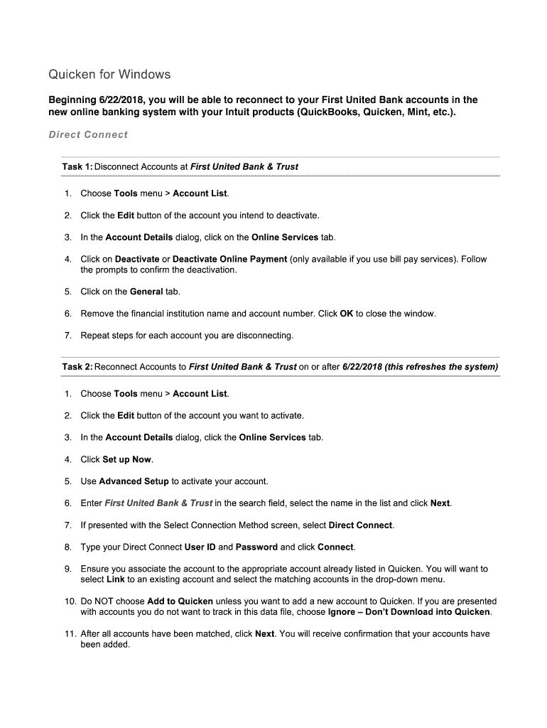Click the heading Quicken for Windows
point(109,75)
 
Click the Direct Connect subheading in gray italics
point(88,134)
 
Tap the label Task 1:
point(77,166)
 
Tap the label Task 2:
point(77,367)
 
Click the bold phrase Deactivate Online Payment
point(229,259)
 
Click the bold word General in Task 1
point(146,291)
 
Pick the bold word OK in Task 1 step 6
point(347,314)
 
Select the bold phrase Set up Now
point(127,459)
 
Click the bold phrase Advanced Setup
point(134,481)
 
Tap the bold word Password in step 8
point(256,547)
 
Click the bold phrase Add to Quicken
point(180,601)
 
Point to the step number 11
point(68,633)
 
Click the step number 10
point(68,601)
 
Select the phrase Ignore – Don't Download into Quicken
point(409,612)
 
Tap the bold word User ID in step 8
point(200,547)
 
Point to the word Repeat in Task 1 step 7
point(94,335)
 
